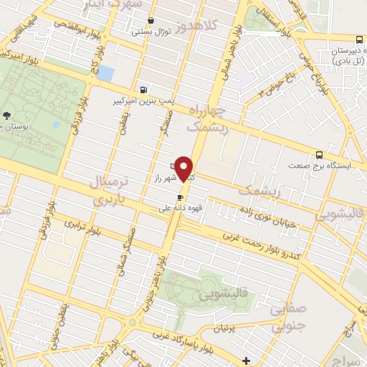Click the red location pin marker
[186, 169]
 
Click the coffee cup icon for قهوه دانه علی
[181, 197]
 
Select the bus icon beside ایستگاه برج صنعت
[319, 154]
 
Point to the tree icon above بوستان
[7, 115]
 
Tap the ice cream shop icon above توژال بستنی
[151, 21]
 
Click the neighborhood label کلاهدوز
[213, 29]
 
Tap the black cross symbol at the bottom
[247, 360]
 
